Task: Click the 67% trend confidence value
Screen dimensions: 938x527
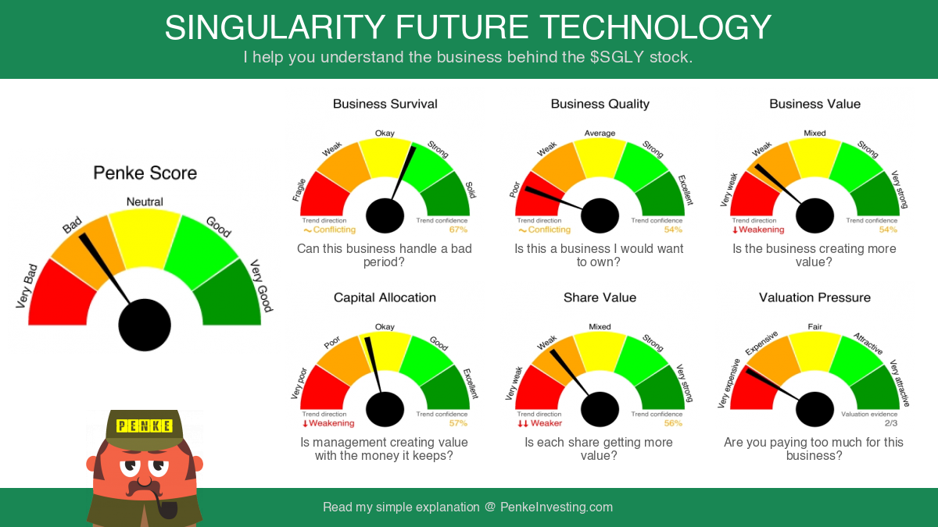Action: (458, 230)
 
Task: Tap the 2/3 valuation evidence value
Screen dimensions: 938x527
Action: (891, 423)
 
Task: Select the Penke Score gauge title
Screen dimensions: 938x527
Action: (145, 173)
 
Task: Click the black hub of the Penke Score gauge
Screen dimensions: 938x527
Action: (145, 325)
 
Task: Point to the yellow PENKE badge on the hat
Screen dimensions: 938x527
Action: (144, 426)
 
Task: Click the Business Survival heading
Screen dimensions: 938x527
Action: (385, 104)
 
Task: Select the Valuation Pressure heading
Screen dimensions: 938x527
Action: (814, 297)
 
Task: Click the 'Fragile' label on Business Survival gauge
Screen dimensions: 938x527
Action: (299, 190)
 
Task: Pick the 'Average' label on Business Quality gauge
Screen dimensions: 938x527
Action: (600, 133)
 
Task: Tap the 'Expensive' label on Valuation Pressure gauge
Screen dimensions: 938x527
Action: (761, 343)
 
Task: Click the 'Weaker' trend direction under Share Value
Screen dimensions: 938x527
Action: (540, 423)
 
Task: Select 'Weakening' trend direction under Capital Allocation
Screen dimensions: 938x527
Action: (328, 423)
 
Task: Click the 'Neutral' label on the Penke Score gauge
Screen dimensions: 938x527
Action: (145, 202)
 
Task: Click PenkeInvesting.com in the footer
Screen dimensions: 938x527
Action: (556, 507)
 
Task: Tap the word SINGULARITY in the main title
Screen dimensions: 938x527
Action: (274, 27)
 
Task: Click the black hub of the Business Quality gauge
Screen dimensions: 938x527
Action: (600, 215)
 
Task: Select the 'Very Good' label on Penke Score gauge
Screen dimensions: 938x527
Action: (261, 286)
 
